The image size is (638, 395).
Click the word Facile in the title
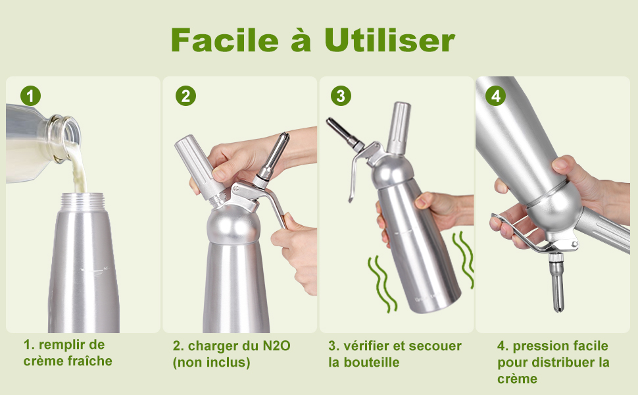pyautogui.click(x=224, y=40)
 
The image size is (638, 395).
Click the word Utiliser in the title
pyautogui.click(x=389, y=40)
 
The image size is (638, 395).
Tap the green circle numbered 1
pyautogui.click(x=30, y=96)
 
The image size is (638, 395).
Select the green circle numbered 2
pyautogui.click(x=185, y=96)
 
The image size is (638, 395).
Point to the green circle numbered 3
pyautogui.click(x=341, y=96)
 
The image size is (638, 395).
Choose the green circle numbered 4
pyautogui.click(x=495, y=96)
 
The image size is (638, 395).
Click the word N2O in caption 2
pyautogui.click(x=276, y=346)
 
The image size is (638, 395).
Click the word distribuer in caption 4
pyautogui.click(x=563, y=362)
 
